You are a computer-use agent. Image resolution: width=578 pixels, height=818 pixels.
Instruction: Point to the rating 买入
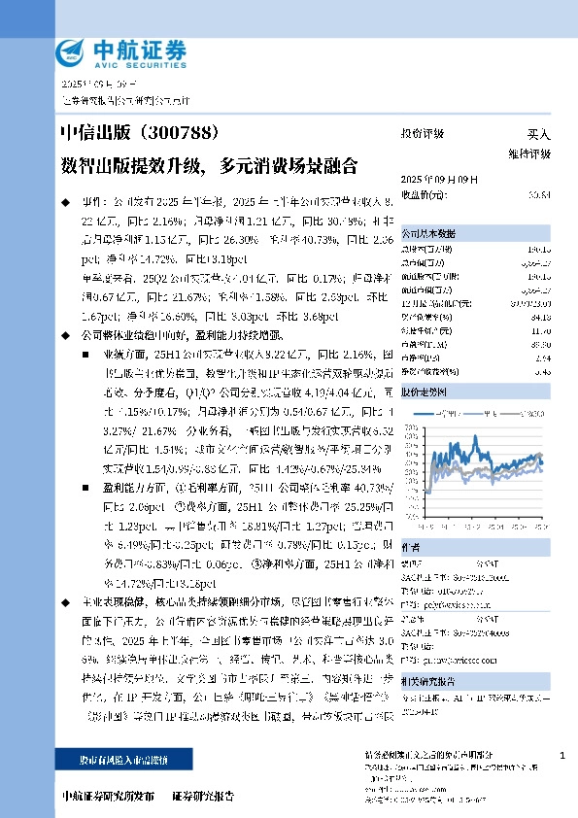coord(538,134)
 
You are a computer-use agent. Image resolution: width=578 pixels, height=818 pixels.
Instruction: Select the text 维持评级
coord(528,153)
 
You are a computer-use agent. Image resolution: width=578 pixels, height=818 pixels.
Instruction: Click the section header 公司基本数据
coord(428,234)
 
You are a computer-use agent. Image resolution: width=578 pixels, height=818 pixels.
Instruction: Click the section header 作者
coord(411,547)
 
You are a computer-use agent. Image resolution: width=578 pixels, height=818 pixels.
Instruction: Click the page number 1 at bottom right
coord(562,755)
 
